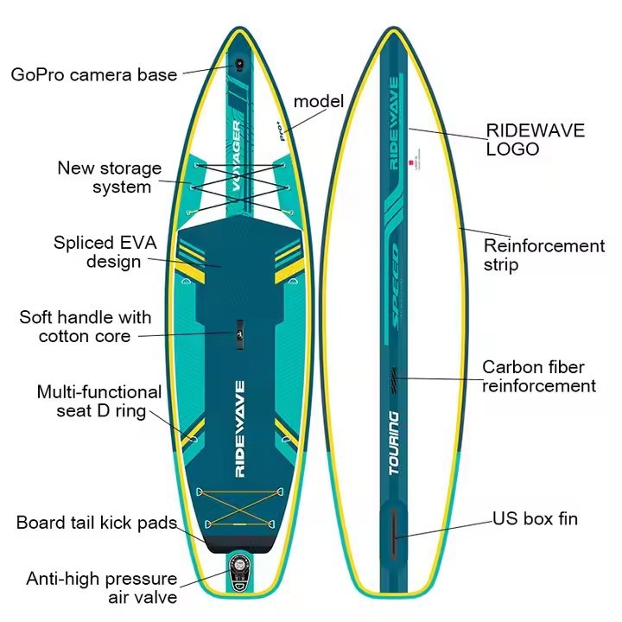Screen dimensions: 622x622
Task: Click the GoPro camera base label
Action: (94, 74)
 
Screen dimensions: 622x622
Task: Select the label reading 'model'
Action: (319, 101)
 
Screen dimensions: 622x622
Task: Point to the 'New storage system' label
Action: (110, 177)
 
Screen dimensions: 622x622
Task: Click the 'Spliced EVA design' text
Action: (105, 252)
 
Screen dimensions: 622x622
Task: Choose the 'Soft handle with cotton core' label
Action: (86, 327)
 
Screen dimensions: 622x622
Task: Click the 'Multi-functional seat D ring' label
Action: (98, 402)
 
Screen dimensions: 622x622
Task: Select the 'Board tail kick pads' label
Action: (97, 524)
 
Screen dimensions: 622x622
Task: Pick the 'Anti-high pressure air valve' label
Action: (102, 587)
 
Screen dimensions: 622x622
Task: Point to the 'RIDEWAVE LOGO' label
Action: (536, 140)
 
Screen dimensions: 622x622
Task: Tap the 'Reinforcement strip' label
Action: (544, 255)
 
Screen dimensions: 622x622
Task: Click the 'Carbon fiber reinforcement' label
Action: (539, 377)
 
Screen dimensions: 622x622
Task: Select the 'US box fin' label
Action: (536, 519)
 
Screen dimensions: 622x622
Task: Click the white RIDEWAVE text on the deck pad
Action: (240, 429)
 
